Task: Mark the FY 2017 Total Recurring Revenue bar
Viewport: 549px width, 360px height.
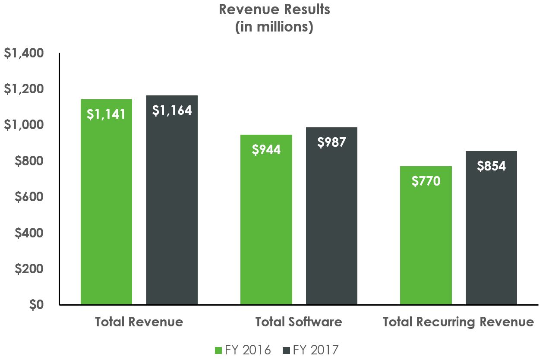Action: pyautogui.click(x=491, y=242)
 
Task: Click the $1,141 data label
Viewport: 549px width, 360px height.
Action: pyautogui.click(x=106, y=114)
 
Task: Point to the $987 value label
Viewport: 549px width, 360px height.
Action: pyautogui.click(x=331, y=142)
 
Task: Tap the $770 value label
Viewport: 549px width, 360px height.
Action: pyautogui.click(x=426, y=181)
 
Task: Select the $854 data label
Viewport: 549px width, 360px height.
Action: pyautogui.click(x=491, y=166)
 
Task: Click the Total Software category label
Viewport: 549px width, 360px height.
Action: pyautogui.click(x=299, y=322)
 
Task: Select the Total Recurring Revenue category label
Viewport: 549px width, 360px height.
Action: pyautogui.click(x=458, y=322)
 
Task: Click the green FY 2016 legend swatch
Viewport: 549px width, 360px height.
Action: pyautogui.click(x=218, y=349)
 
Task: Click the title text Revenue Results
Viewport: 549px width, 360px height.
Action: pyautogui.click(x=274, y=9)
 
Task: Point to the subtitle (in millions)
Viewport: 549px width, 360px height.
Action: pyautogui.click(x=274, y=27)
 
